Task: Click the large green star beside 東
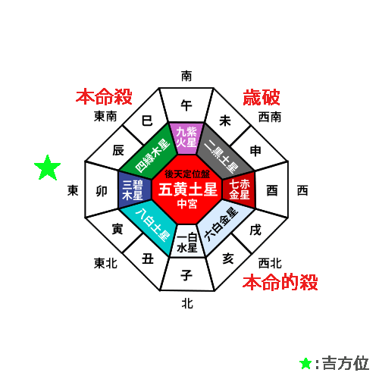pyautogui.click(x=48, y=168)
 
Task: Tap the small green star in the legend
pyautogui.click(x=305, y=363)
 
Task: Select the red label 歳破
pyautogui.click(x=262, y=97)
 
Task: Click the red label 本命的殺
pyautogui.click(x=280, y=282)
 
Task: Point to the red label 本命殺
pyautogui.click(x=104, y=97)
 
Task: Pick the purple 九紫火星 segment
pyautogui.click(x=186, y=138)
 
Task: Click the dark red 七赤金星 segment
pyautogui.click(x=239, y=190)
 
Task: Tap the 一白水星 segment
pyautogui.click(x=187, y=241)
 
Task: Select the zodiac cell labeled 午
pyautogui.click(x=186, y=105)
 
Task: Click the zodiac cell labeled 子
pyautogui.click(x=187, y=274)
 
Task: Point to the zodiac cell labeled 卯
pyautogui.click(x=102, y=190)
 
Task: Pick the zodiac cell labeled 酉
pyautogui.click(x=272, y=190)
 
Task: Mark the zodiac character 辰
pyautogui.click(x=118, y=151)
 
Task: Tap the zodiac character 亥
pyautogui.click(x=228, y=258)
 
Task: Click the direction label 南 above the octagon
pyautogui.click(x=186, y=76)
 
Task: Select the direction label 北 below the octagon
pyautogui.click(x=187, y=303)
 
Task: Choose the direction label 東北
pyautogui.click(x=105, y=263)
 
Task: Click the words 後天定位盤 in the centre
pyautogui.click(x=187, y=174)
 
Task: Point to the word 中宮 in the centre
pyautogui.click(x=187, y=204)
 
